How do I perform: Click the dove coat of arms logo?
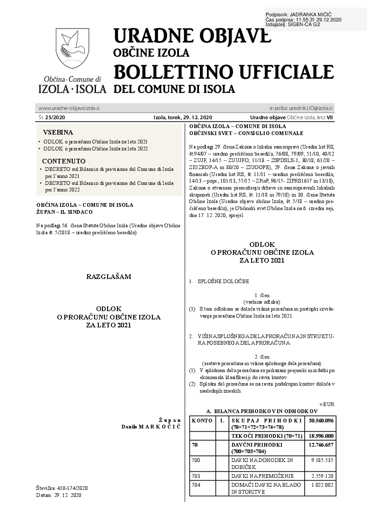click(72, 49)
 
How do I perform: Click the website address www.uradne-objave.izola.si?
click(69, 108)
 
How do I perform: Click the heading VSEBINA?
click(58, 132)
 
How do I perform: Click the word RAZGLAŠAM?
click(109, 277)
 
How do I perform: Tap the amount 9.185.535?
click(322, 460)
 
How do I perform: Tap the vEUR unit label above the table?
click(327, 404)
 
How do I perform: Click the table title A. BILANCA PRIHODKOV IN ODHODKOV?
click(262, 412)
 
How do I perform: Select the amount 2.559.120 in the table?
click(322, 476)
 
